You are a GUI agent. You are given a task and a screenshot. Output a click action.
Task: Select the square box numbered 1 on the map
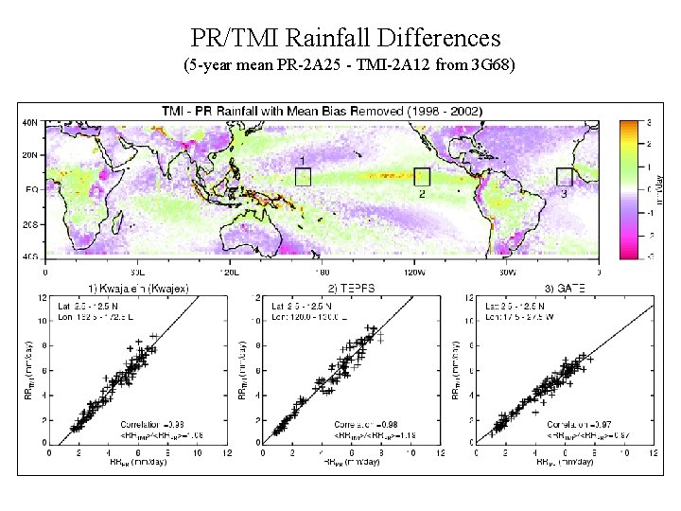tap(303, 175)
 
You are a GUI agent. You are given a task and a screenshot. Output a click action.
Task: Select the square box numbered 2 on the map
tap(421, 177)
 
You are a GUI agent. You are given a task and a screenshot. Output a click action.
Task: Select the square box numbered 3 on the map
tap(565, 176)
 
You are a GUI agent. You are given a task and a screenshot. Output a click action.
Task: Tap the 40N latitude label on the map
tap(30, 122)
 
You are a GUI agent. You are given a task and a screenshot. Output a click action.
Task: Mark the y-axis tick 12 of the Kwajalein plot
tap(43, 296)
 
